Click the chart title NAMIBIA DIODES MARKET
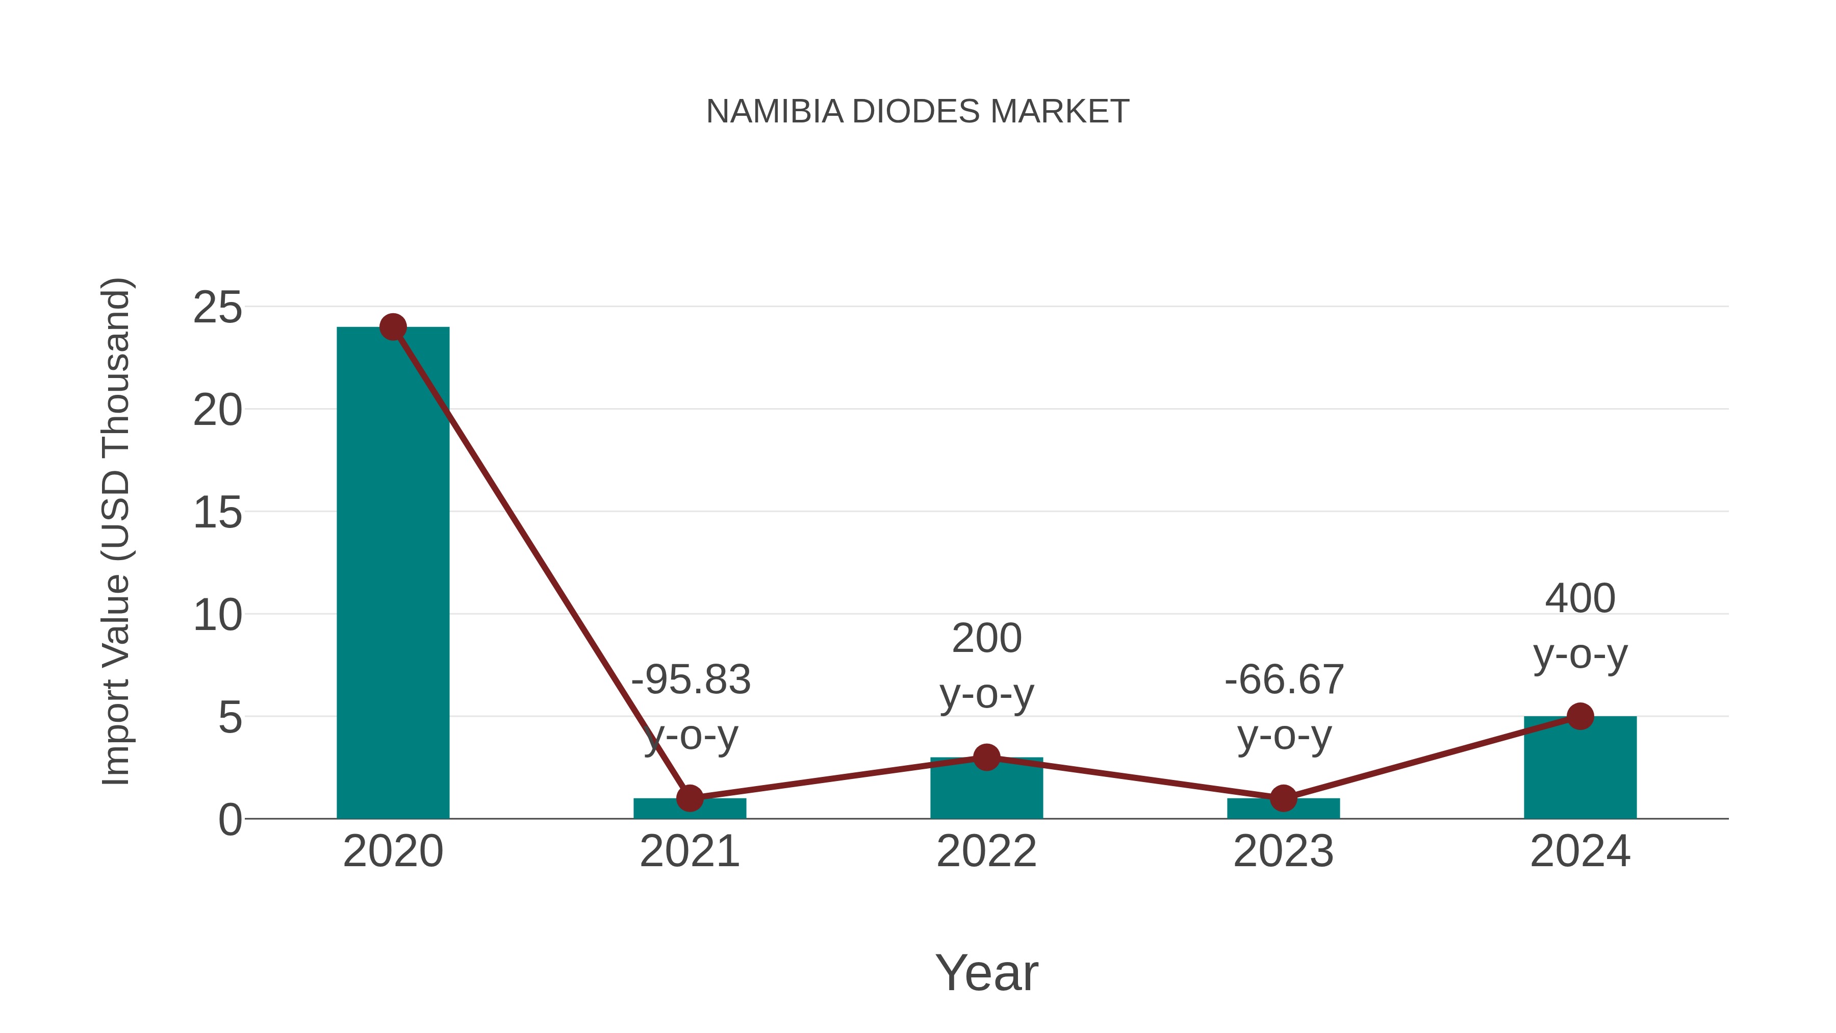point(917,112)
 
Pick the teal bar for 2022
point(986,791)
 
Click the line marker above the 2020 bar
point(393,327)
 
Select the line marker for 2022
point(986,757)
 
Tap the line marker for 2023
point(1283,798)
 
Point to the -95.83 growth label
point(691,679)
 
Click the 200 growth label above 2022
point(986,638)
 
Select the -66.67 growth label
point(1284,679)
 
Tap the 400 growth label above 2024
point(1580,598)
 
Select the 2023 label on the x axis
point(1283,851)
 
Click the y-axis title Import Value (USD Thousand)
point(115,532)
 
